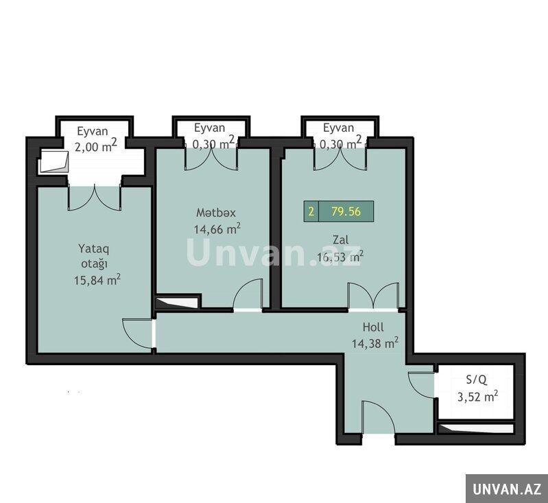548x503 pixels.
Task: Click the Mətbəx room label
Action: pyautogui.click(x=215, y=213)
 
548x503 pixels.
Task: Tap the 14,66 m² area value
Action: pyautogui.click(x=217, y=229)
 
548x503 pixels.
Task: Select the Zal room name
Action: pyautogui.click(x=340, y=240)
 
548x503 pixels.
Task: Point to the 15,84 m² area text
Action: pyautogui.click(x=97, y=279)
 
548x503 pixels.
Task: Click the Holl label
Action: pyautogui.click(x=373, y=327)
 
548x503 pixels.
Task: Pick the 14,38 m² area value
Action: pyautogui.click(x=374, y=343)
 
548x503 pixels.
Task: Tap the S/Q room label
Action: pyautogui.click(x=477, y=380)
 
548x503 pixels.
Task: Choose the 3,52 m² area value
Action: pyautogui.click(x=478, y=397)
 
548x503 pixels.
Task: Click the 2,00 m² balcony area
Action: pyautogui.click(x=95, y=146)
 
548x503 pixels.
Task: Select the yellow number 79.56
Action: pyautogui.click(x=346, y=211)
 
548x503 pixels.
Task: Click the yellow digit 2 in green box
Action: pyautogui.click(x=311, y=211)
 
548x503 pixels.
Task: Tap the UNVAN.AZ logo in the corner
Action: pyautogui.click(x=507, y=489)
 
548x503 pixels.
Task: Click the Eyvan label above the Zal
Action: pyautogui.click(x=338, y=128)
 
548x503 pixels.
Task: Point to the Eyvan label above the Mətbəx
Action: pyautogui.click(x=209, y=128)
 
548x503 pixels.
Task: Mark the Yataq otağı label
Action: pyautogui.click(x=94, y=256)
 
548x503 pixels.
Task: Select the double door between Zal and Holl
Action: pyautogui.click(x=373, y=296)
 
